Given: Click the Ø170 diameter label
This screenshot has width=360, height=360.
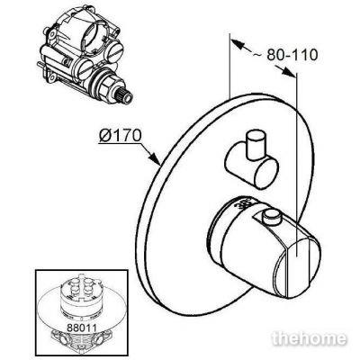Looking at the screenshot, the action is coord(120,136).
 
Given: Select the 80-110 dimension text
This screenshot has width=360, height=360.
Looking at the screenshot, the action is coord(292,55).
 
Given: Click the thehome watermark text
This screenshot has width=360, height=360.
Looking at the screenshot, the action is coord(310,338).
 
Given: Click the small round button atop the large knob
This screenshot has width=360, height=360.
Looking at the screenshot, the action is coord(272,216).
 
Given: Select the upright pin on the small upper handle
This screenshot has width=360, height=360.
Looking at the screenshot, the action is coord(256,145).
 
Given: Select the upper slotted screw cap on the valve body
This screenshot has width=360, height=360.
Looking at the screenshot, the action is coord(115,52).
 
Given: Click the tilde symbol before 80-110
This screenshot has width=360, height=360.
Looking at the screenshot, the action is coord(256,56).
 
